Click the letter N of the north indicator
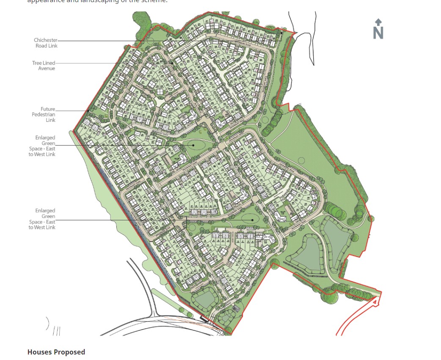[378, 33]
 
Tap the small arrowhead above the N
[378, 22]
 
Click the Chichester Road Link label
[46, 43]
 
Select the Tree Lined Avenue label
[44, 66]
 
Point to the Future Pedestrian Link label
[44, 114]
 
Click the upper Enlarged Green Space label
[42, 146]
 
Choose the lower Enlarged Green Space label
[42, 219]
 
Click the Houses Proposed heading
[56, 352]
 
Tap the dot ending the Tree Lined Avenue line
[172, 63]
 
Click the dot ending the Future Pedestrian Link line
[88, 111]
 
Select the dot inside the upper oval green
[193, 145]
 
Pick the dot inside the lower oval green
[253, 220]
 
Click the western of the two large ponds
[307, 252]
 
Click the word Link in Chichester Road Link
[52, 46]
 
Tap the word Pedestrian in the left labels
[44, 115]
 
